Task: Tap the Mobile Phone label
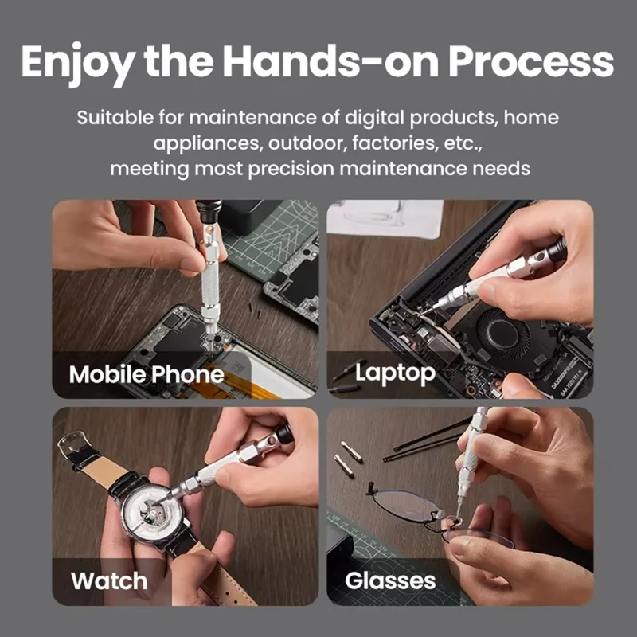(147, 374)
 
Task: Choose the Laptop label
(395, 372)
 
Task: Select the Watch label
(109, 580)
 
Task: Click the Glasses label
(390, 580)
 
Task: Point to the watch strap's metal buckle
(74, 440)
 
